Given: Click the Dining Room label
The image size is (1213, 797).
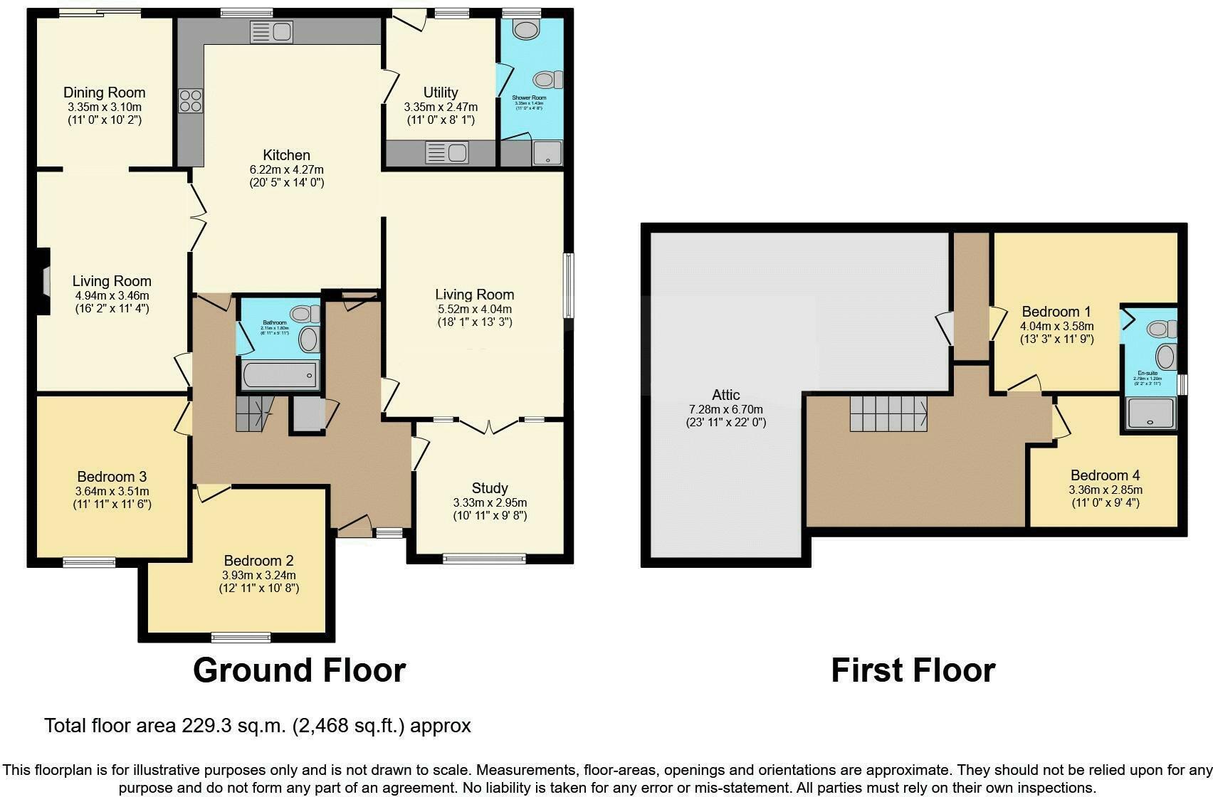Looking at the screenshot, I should click(104, 93).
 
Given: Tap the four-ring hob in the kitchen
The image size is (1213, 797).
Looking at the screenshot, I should click(191, 100).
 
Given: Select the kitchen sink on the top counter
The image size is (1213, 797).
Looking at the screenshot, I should click(271, 31).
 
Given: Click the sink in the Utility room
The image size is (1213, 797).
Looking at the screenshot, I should click(446, 152).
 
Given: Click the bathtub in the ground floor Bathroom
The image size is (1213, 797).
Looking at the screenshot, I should click(279, 375).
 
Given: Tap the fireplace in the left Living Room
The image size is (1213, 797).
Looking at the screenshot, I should click(44, 281).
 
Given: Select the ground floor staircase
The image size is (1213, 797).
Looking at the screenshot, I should click(253, 413).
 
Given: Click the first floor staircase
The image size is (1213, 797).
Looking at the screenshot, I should click(888, 413).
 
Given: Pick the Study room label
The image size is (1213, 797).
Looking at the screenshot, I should click(490, 488).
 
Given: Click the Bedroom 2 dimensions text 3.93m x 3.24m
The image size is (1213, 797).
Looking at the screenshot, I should click(259, 575).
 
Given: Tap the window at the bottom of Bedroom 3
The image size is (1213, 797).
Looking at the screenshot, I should click(89, 562).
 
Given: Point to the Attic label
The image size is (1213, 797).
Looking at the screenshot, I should click(725, 395).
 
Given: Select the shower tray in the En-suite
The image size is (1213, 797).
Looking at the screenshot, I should click(1150, 413).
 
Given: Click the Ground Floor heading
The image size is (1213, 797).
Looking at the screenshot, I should click(299, 670).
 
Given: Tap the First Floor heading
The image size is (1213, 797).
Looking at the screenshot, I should click(913, 670).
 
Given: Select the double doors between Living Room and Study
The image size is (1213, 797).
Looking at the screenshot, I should click(489, 426).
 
